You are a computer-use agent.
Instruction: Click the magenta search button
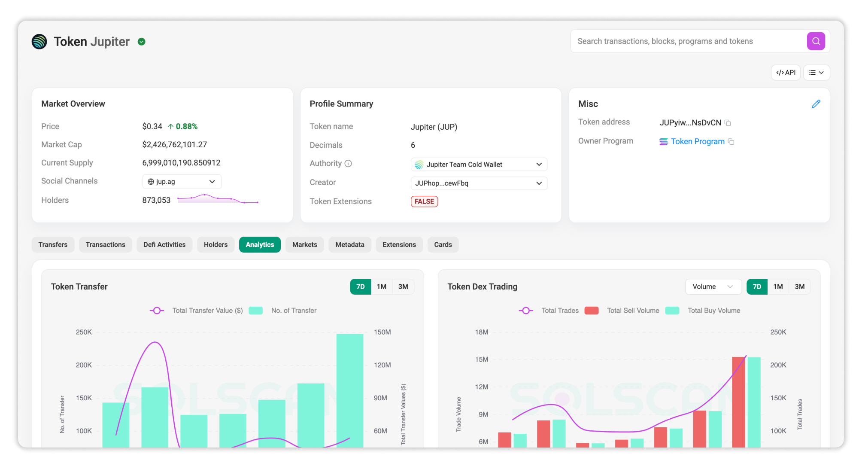click(x=816, y=41)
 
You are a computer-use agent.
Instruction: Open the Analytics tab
click(x=260, y=245)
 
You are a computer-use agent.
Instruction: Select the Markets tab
click(x=304, y=245)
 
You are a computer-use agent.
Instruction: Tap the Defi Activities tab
click(x=164, y=245)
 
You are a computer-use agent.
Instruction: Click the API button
click(x=786, y=73)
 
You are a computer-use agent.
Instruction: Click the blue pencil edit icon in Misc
click(x=816, y=104)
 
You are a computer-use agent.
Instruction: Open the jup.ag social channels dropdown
click(x=182, y=182)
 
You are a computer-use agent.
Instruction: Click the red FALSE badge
click(x=424, y=201)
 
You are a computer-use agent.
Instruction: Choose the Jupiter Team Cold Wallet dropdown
click(x=479, y=164)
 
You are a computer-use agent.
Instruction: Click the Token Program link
click(x=697, y=141)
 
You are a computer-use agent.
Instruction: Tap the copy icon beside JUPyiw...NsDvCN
click(x=728, y=123)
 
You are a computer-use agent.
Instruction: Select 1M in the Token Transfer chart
click(x=381, y=286)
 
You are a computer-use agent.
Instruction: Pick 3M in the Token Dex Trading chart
click(x=799, y=286)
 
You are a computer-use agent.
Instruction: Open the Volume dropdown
click(x=713, y=286)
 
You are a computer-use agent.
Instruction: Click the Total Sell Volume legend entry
click(x=633, y=311)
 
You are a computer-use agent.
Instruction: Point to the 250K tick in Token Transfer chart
click(x=84, y=332)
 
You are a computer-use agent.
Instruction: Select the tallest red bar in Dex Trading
click(x=738, y=402)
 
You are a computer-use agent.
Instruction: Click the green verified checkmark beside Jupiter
click(x=142, y=42)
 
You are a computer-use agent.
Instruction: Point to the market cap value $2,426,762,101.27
click(x=174, y=145)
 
